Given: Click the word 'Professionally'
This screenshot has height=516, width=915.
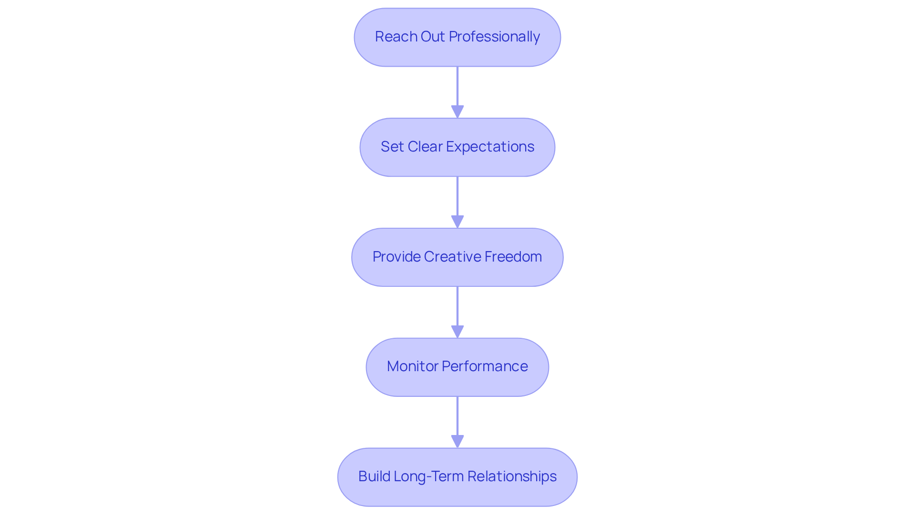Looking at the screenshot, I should pyautogui.click(x=494, y=37).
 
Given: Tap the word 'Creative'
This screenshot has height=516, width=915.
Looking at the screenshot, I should pyautogui.click(x=452, y=257).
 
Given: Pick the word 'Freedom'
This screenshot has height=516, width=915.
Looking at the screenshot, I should pyautogui.click(x=513, y=257).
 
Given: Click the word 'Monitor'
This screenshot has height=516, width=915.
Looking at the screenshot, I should pyautogui.click(x=412, y=366).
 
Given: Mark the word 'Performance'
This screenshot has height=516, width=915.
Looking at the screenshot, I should pyautogui.click(x=485, y=366).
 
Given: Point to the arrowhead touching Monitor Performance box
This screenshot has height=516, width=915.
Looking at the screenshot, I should pyautogui.click(x=457, y=332).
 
